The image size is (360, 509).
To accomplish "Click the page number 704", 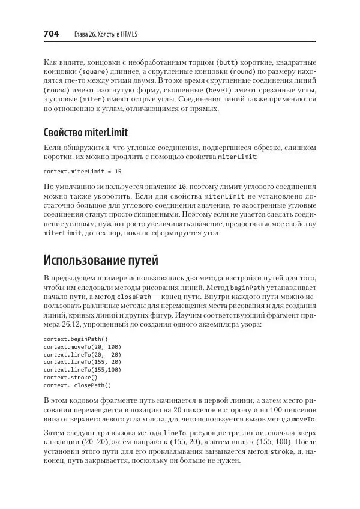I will coord(51,34).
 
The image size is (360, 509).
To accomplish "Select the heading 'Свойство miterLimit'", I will coord(86,133).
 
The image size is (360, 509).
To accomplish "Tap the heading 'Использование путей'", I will coord(101,260).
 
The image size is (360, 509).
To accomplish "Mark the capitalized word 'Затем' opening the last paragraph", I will coord(54,433).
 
